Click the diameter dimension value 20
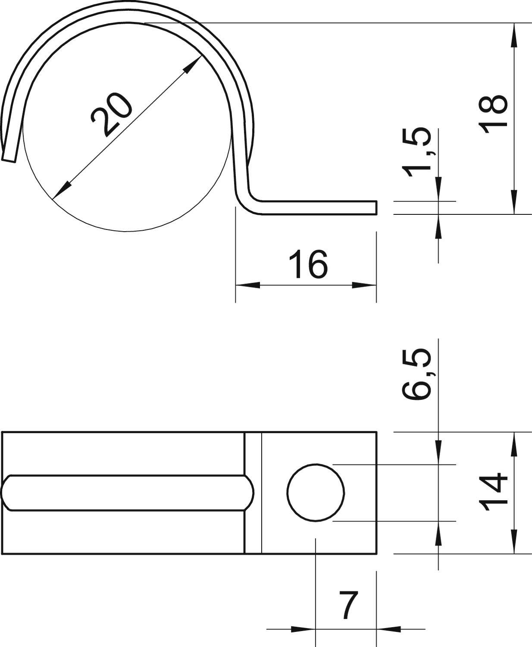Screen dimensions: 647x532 (x=111, y=115)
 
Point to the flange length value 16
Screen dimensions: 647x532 (x=308, y=264)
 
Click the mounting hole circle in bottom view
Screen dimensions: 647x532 (x=316, y=492)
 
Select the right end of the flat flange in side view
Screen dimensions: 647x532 (x=376, y=207)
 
